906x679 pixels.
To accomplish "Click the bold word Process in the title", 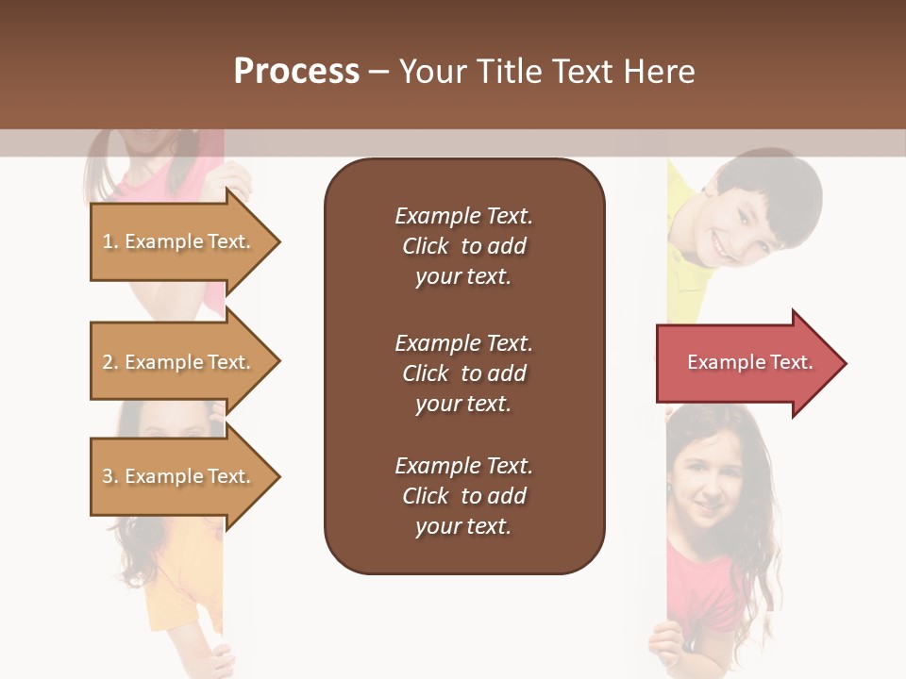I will pyautogui.click(x=296, y=72).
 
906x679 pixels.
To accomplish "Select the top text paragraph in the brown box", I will pyautogui.click(x=463, y=246).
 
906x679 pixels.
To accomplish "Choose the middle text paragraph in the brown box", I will pyautogui.click(x=463, y=373).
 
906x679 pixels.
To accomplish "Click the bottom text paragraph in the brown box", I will pyautogui.click(x=463, y=496).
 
